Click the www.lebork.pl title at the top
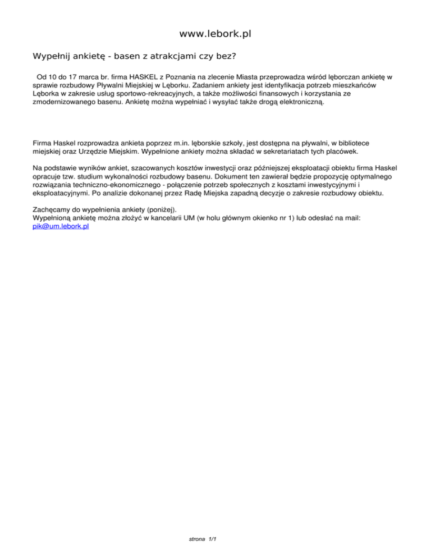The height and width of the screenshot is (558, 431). (215, 34)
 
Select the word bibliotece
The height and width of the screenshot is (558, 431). (349, 143)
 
